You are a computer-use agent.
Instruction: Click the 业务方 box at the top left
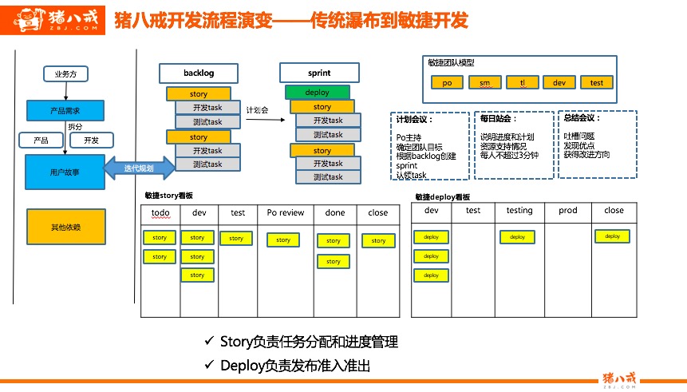tap(65, 75)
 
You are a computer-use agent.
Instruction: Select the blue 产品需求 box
tap(65, 110)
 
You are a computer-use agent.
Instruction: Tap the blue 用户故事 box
tap(65, 172)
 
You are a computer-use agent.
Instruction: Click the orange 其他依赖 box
tap(65, 227)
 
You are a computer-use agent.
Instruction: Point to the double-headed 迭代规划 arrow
tap(140, 168)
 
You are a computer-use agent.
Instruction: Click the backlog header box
tap(199, 73)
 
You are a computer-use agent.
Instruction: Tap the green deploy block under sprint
tap(317, 93)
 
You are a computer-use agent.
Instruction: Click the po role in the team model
tap(447, 82)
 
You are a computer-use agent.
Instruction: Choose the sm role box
tap(484, 82)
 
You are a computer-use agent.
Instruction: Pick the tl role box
tap(522, 82)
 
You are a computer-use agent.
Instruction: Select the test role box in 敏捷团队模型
tap(597, 82)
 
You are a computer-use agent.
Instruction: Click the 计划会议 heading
tap(414, 120)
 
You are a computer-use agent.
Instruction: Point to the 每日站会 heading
tap(499, 118)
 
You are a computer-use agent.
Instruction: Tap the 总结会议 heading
tap(582, 117)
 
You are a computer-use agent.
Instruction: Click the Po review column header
tap(285, 212)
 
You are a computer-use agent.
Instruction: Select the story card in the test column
tap(236, 238)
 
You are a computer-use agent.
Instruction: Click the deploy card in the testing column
tap(518, 236)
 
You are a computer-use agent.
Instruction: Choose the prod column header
tap(567, 210)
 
